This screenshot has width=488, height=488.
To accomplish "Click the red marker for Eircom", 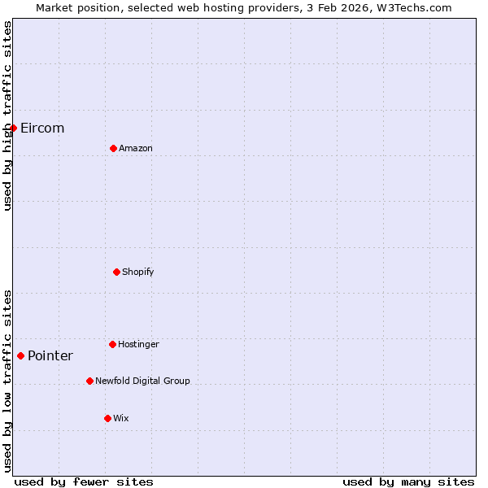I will click(13, 128).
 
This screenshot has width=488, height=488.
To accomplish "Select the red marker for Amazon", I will click(113, 148).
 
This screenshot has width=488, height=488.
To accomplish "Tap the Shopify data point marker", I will click(116, 272).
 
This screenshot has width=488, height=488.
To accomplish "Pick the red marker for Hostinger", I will click(112, 344).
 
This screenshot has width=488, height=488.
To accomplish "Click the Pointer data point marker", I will click(20, 355).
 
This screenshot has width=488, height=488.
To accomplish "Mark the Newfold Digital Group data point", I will click(89, 381).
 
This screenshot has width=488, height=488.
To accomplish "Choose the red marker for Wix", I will click(107, 418).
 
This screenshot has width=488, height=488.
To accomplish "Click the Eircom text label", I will click(42, 129).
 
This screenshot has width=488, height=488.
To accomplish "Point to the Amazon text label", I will click(136, 148).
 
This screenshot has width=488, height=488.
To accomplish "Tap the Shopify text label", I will click(138, 272).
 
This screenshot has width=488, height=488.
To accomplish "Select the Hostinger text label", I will click(138, 344).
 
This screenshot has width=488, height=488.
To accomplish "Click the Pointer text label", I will click(50, 356).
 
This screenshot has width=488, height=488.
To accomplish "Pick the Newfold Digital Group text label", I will click(142, 381).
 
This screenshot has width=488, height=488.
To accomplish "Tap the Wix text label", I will click(120, 418).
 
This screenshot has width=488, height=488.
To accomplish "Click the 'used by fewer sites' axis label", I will click(84, 481).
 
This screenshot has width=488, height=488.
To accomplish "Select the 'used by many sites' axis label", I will click(408, 481).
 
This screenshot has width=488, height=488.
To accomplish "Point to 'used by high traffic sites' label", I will click(7, 115).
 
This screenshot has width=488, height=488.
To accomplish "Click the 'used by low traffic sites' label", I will click(7, 381).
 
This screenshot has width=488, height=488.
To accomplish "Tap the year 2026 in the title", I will click(354, 7).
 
